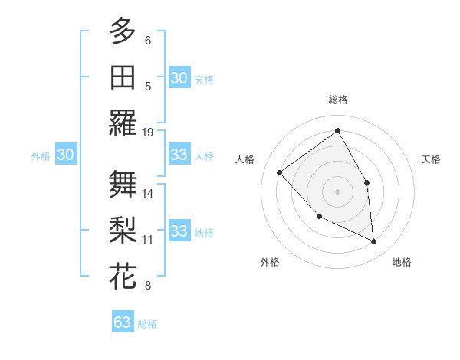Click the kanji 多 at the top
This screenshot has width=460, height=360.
[x=123, y=31]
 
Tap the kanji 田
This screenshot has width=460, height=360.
[x=123, y=77]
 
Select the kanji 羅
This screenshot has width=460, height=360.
[x=123, y=123]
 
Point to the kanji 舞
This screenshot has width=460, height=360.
[x=123, y=184]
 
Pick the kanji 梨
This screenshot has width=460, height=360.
[x=123, y=230]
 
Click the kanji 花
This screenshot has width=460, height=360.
[x=123, y=276]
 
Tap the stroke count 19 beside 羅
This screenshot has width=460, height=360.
[x=148, y=133]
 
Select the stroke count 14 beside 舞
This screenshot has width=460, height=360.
[x=148, y=193]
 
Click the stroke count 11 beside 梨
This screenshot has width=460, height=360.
[x=148, y=240]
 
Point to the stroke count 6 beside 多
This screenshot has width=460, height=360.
[x=148, y=40]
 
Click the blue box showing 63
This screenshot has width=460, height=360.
[x=123, y=322]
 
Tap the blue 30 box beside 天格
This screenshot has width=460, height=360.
[x=179, y=78]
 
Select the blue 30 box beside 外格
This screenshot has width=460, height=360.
[x=65, y=155]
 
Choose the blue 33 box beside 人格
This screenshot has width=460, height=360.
[x=179, y=155]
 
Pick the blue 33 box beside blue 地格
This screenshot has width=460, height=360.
[x=179, y=231]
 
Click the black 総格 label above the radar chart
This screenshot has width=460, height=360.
[x=338, y=100]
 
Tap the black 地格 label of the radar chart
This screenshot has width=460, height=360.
[x=402, y=263]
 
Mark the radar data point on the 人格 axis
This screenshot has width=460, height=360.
[x=280, y=172]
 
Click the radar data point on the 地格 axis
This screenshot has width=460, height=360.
[x=373, y=241]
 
